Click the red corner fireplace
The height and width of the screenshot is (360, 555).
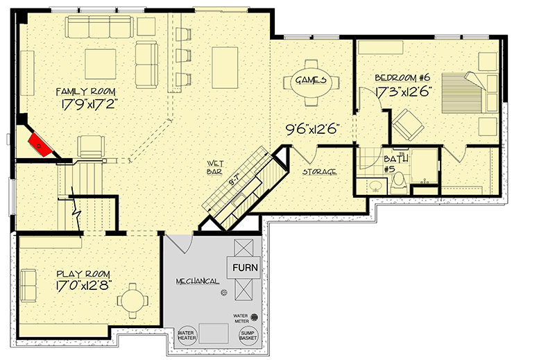[x=40, y=144]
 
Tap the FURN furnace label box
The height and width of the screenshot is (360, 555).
[x=245, y=267]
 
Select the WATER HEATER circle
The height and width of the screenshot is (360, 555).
[x=187, y=335]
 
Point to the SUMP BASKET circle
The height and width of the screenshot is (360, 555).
[x=248, y=335]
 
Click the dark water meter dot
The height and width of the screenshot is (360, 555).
[x=254, y=317]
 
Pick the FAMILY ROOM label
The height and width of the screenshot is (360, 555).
[x=85, y=92]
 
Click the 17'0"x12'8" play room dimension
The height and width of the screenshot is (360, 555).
[x=84, y=285]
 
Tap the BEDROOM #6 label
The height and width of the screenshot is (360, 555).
[x=402, y=78]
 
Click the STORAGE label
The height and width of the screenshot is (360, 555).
[x=319, y=172]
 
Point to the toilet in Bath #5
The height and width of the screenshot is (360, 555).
[x=398, y=182]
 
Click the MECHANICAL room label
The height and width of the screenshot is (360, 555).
[x=198, y=282]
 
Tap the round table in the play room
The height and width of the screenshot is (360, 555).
[x=133, y=300]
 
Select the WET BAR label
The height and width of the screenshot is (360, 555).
[x=215, y=167]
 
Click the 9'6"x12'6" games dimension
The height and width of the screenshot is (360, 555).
[x=313, y=129]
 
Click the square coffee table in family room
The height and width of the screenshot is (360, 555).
[x=100, y=64]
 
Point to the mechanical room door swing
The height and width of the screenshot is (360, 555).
[x=180, y=243]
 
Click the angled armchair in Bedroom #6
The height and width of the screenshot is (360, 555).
[x=408, y=125]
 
